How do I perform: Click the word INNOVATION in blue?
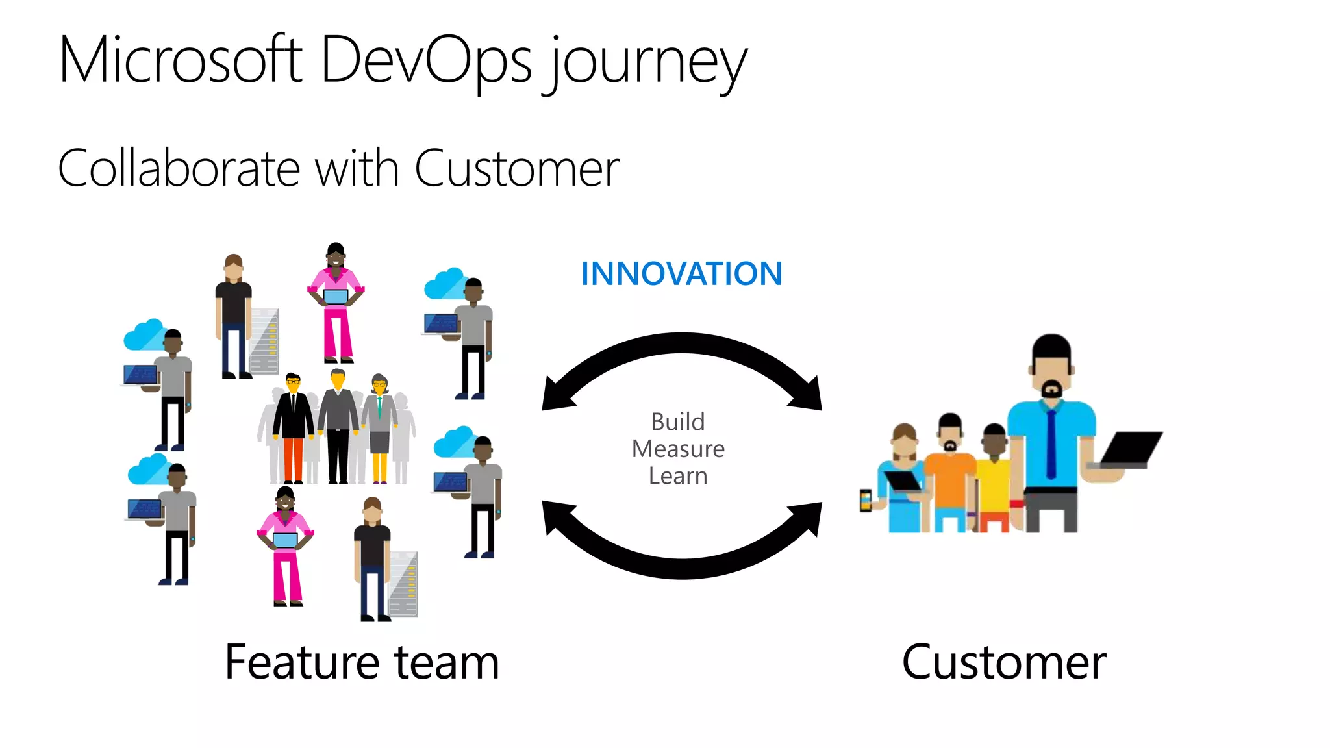[x=681, y=274]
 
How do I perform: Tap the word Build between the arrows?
[x=677, y=422]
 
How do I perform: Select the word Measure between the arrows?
[x=678, y=449]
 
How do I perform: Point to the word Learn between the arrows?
[x=677, y=476]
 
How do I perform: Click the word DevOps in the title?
[x=426, y=60]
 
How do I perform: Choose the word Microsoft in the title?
[x=181, y=60]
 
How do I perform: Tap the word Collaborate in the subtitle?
[x=179, y=169]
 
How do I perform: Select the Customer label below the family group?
[x=1004, y=662]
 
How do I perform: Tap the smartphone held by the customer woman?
[x=866, y=500]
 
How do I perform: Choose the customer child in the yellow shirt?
[x=994, y=480]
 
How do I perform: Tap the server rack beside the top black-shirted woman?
[x=265, y=341]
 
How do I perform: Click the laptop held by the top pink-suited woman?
[x=336, y=297]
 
